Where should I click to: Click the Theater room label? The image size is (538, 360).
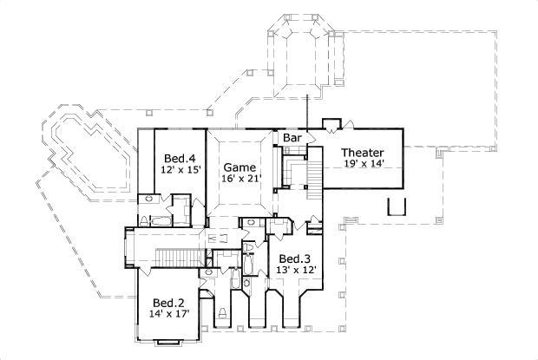point(362,152)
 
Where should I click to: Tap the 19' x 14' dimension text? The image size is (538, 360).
point(362,164)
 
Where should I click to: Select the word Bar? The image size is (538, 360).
point(291,138)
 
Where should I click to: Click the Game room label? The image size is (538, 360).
point(239,167)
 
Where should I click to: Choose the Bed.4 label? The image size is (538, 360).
point(180,158)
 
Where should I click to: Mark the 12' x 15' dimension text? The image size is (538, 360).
point(180,170)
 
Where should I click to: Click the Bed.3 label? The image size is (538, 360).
point(295,259)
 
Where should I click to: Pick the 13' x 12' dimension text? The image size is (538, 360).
point(295,271)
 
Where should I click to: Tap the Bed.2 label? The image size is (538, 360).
point(168,303)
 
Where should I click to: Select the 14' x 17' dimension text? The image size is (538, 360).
point(168,315)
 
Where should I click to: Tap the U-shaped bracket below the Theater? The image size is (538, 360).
point(396,206)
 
